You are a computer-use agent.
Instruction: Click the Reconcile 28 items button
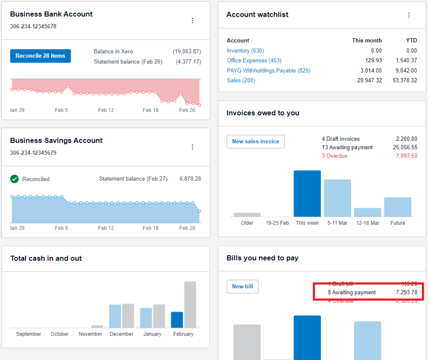pos(40,56)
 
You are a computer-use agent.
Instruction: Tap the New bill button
pos(242,286)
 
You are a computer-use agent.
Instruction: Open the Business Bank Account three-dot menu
pos(192,21)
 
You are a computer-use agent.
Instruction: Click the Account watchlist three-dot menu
pos(409,15)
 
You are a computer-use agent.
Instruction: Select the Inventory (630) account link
pos(245,51)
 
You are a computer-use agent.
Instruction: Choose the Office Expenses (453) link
pos(254,61)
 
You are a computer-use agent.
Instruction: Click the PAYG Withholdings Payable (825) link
pos(269,71)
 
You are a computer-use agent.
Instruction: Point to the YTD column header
pos(411,40)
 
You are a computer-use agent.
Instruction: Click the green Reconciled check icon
pos(14,179)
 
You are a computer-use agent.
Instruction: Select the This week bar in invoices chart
pos(307,193)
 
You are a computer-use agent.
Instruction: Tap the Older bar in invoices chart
pos(247,214)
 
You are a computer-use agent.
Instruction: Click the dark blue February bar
pos(177,320)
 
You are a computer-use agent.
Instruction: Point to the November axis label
pos(90,334)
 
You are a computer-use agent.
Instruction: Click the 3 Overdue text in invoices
pos(334,156)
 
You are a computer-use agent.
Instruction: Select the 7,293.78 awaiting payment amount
pos(406,292)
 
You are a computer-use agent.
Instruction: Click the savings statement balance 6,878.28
pos(190,179)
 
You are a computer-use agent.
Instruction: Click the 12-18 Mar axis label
pos(367,223)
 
